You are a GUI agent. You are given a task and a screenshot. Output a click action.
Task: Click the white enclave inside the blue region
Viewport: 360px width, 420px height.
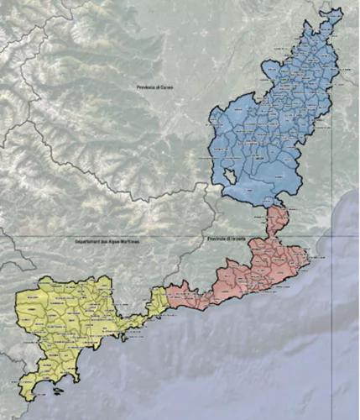[230, 176]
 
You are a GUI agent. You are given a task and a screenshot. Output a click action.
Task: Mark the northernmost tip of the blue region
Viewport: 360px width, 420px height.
[339, 9]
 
